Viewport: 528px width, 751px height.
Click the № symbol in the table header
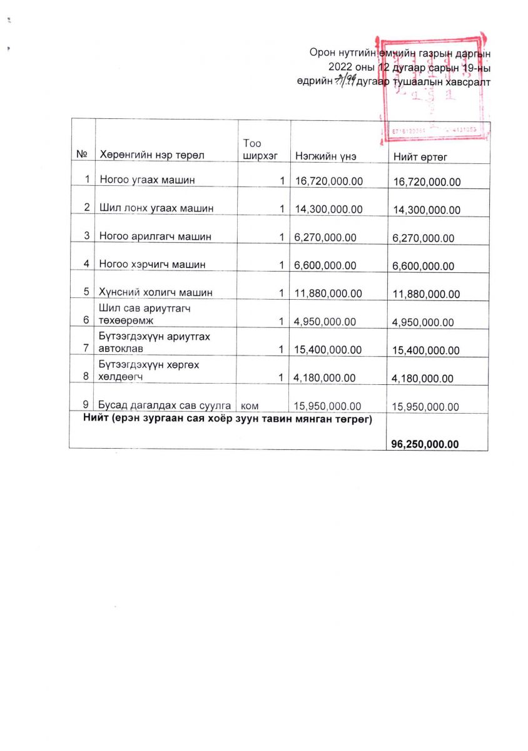[x=81, y=154]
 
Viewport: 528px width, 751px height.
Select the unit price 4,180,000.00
[x=325, y=377]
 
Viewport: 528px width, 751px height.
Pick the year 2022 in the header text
[x=341, y=67]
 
